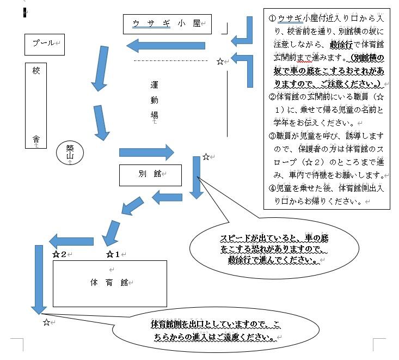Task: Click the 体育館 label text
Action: [109, 283]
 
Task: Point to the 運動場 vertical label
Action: [154, 100]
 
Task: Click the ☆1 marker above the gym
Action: [113, 254]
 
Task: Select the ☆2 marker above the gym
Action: [59, 254]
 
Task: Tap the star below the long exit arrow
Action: [46, 322]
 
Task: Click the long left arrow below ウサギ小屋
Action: [165, 46]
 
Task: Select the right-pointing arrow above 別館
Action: [146, 152]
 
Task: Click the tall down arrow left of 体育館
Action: [39, 279]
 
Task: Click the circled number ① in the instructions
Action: [272, 19]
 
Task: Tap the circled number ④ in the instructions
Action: [272, 188]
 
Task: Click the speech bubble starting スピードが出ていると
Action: [274, 248]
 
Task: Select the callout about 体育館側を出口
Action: [216, 330]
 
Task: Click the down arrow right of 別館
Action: [197, 178]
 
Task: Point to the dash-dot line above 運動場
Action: [171, 60]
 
